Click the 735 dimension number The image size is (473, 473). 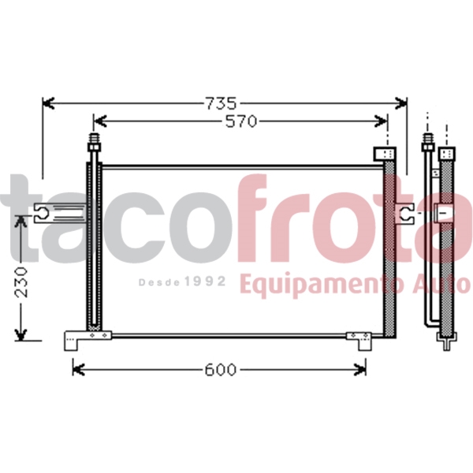221,103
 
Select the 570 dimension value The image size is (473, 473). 241,121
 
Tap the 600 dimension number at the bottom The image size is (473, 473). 220,370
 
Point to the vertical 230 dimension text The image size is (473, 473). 21,282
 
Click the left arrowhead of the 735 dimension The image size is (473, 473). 48,103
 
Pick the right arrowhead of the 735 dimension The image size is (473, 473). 401,103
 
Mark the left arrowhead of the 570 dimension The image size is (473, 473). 100,121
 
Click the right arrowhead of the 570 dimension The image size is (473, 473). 381,121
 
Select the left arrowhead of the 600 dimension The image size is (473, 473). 78,370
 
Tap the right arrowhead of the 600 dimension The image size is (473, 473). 360,370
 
